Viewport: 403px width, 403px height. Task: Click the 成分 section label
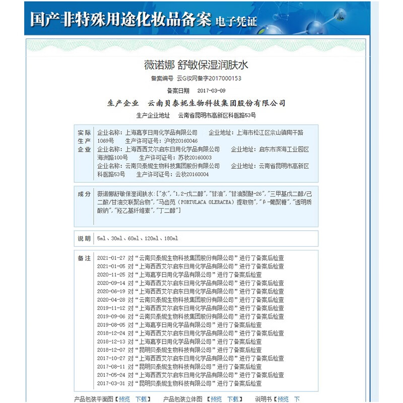pos(84,194)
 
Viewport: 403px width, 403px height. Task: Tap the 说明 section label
pos(84,238)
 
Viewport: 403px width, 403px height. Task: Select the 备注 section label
pos(84,258)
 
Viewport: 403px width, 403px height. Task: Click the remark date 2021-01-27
pos(111,258)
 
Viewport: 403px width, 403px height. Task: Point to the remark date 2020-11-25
pos(111,275)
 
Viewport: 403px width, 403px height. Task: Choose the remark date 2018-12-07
pos(111,350)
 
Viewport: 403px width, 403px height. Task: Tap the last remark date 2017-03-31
pos(111,383)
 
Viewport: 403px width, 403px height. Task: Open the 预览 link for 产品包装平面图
pos(124,399)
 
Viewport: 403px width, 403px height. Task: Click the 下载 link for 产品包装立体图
pos(233,399)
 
